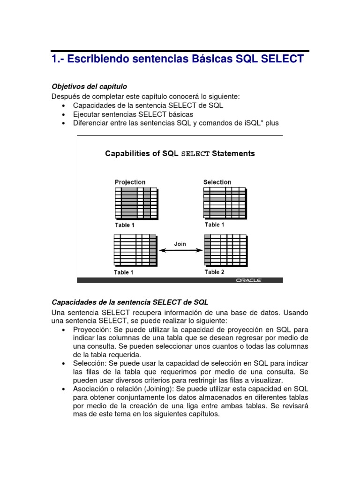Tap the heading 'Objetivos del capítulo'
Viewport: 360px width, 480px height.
(x=89, y=87)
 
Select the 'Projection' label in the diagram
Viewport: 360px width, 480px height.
(x=130, y=182)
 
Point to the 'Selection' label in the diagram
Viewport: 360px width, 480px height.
(x=217, y=182)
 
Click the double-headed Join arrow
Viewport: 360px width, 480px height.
(x=180, y=251)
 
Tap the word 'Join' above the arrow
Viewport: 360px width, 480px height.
(x=180, y=244)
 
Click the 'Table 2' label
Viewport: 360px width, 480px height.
(x=215, y=272)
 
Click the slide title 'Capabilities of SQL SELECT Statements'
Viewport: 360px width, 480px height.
(x=180, y=154)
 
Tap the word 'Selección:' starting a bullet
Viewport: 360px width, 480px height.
(x=89, y=363)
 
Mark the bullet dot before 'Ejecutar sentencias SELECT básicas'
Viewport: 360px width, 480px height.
(x=63, y=114)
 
